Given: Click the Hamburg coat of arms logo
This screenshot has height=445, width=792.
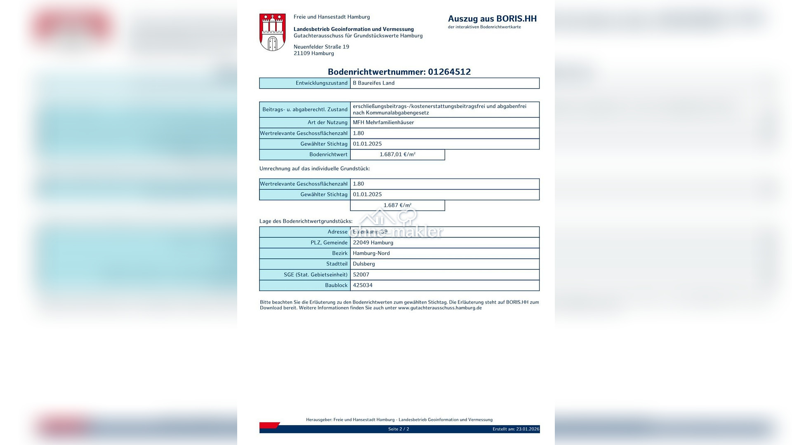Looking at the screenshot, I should pyautogui.click(x=272, y=32).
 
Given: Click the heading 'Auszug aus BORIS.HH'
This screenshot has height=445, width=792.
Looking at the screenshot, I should pyautogui.click(x=492, y=19).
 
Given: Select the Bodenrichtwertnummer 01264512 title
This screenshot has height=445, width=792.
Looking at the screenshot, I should pyautogui.click(x=399, y=72).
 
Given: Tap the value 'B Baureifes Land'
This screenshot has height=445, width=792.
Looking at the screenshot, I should pyautogui.click(x=373, y=83).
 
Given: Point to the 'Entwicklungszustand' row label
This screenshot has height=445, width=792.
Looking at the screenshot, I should pyautogui.click(x=321, y=83).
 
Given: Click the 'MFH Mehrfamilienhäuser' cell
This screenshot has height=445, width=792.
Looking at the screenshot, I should pyautogui.click(x=383, y=122).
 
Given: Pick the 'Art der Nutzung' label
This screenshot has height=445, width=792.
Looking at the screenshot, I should pyautogui.click(x=328, y=122).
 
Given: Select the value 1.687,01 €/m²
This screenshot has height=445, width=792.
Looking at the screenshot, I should pyautogui.click(x=397, y=155).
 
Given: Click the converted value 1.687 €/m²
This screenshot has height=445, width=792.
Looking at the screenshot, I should pyautogui.click(x=397, y=205).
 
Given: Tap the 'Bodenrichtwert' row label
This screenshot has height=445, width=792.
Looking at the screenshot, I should pyautogui.click(x=328, y=155).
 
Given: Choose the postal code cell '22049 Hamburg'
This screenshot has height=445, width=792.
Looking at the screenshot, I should pyautogui.click(x=373, y=243).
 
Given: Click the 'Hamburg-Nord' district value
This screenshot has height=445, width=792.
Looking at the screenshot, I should pyautogui.click(x=371, y=253).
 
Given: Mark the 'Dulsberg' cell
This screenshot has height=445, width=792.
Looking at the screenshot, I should pyautogui.click(x=364, y=264).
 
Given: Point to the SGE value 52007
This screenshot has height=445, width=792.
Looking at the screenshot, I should pyautogui.click(x=361, y=275).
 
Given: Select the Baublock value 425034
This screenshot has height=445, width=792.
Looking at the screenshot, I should pyautogui.click(x=363, y=285).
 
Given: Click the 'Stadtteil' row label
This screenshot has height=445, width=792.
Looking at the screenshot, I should pyautogui.click(x=337, y=264).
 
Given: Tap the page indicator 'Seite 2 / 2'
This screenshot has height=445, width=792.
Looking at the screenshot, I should pyautogui.click(x=398, y=429).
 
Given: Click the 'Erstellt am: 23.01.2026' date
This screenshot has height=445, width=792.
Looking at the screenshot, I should pyautogui.click(x=516, y=429).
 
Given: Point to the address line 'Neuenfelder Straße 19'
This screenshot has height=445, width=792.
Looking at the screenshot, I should pyautogui.click(x=321, y=47).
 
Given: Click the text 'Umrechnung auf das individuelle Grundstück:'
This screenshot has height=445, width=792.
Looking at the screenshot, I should pyautogui.click(x=314, y=169).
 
